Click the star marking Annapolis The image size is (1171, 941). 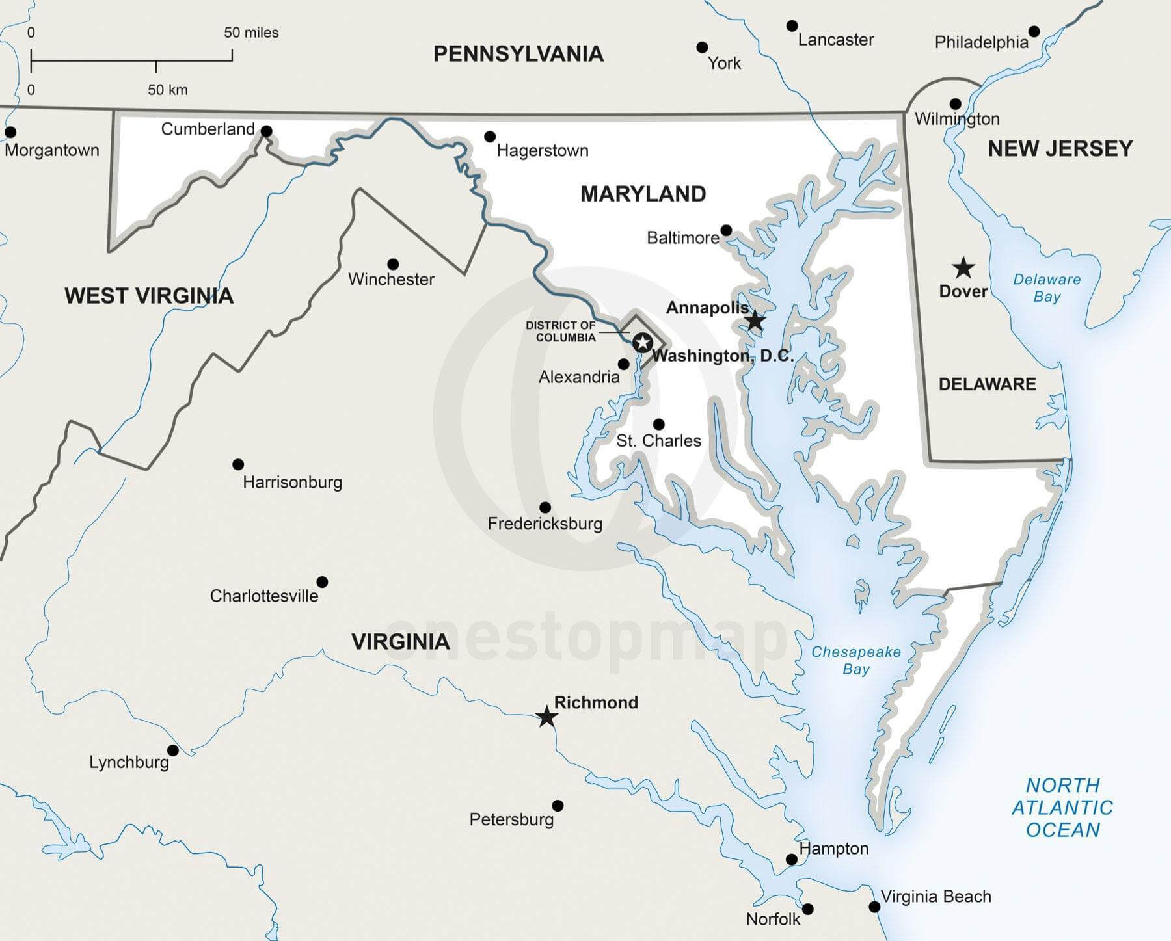click(x=755, y=320)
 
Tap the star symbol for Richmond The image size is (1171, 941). click(x=546, y=717)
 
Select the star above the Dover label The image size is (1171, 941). click(x=963, y=267)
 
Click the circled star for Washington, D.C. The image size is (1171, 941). click(x=642, y=342)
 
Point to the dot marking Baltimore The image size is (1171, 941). click(x=727, y=230)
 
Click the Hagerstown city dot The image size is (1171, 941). click(x=490, y=137)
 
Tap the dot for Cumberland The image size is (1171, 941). click(x=266, y=131)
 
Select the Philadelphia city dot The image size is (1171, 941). click(x=1034, y=31)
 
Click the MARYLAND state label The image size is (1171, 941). click(x=643, y=194)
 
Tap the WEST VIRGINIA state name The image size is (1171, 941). click(x=149, y=296)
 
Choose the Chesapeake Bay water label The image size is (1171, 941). click(x=855, y=660)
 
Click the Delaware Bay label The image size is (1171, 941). click(x=1047, y=287)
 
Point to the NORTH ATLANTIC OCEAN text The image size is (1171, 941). click(x=1062, y=807)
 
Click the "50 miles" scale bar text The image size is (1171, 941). click(x=251, y=33)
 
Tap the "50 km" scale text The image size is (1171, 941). click(x=167, y=90)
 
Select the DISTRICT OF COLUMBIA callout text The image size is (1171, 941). click(x=561, y=331)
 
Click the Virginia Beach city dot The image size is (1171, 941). click(x=874, y=907)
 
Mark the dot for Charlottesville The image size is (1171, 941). click(x=322, y=581)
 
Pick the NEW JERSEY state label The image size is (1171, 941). click(x=1060, y=149)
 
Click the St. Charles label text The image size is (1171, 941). click(x=658, y=441)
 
